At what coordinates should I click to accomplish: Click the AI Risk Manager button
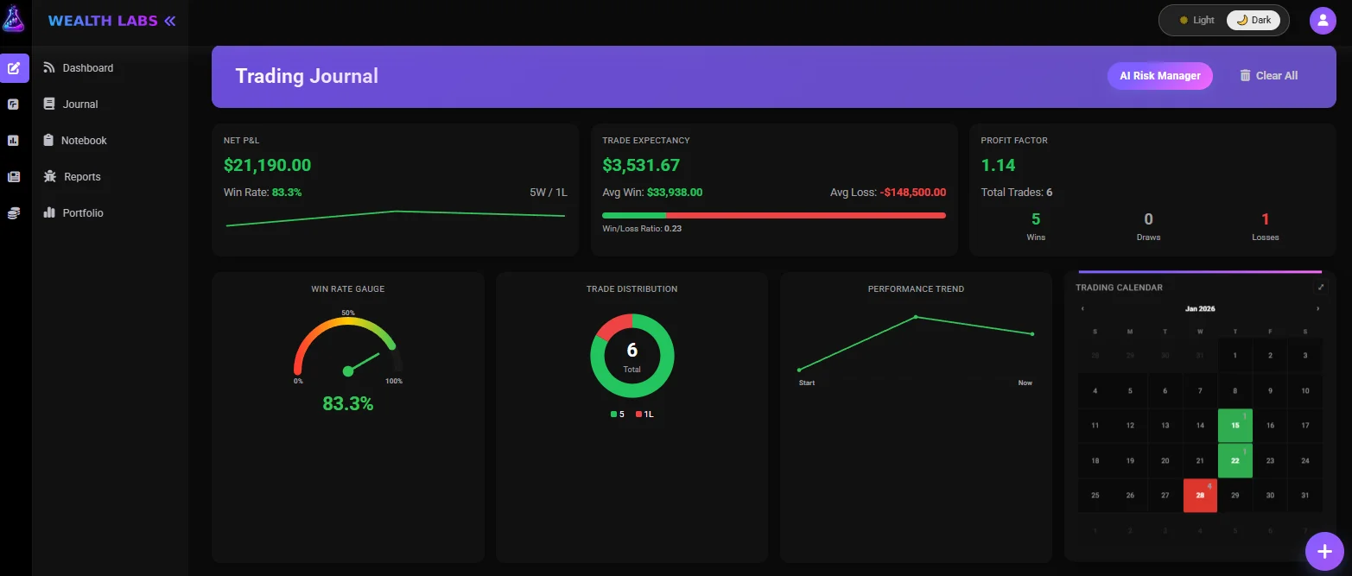point(1159,76)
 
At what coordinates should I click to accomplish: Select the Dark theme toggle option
point(1254,21)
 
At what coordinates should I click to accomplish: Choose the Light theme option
point(1196,21)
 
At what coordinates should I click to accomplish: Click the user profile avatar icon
point(1323,21)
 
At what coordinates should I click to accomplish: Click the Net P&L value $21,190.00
point(267,166)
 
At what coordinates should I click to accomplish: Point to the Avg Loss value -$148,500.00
point(912,193)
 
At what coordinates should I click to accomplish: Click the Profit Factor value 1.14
point(998,166)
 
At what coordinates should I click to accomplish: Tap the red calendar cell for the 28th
point(1200,496)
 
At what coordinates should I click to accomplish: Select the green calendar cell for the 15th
point(1235,425)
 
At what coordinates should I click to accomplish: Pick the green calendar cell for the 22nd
point(1235,460)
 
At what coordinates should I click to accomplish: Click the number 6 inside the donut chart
point(632,351)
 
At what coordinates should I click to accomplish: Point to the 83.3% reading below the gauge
point(347,403)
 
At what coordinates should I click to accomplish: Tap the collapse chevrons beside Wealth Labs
point(169,21)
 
